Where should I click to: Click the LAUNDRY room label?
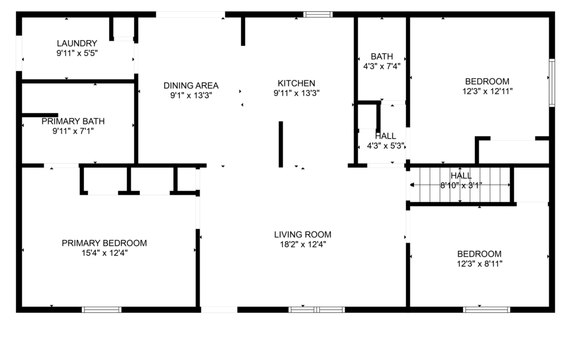[77, 43]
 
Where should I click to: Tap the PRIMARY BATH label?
[73, 121]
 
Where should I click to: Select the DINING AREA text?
[191, 85]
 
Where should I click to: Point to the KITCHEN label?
[296, 83]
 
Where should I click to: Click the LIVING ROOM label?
[303, 235]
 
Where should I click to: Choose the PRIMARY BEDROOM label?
[104, 243]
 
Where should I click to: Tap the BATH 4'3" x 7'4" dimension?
[382, 66]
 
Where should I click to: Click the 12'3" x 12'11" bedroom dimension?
[487, 91]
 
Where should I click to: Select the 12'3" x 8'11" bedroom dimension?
[479, 264]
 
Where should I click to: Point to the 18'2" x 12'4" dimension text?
[303, 244]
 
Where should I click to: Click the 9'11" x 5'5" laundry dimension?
[77, 53]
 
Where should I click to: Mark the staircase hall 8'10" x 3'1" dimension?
[461, 186]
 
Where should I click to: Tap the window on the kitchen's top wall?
[318, 15]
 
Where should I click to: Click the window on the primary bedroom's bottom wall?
[102, 310]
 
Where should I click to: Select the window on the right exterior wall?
[552, 82]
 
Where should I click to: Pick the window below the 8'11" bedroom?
[487, 310]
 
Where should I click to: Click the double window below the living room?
[316, 310]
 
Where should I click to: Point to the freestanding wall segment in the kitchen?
[281, 144]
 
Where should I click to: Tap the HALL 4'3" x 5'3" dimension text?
[386, 146]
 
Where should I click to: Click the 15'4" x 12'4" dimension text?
[104, 253]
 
